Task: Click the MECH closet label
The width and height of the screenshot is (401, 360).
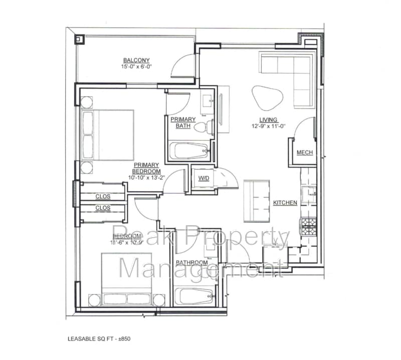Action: (305, 152)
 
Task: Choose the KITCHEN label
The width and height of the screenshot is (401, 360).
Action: (285, 203)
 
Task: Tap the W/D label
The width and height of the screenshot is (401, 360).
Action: (204, 178)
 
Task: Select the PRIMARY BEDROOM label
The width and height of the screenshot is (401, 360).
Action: (146, 168)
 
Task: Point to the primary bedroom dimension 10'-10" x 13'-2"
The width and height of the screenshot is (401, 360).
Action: (146, 177)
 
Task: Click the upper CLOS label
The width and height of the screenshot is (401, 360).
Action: (103, 196)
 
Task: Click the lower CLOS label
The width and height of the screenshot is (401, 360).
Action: (103, 208)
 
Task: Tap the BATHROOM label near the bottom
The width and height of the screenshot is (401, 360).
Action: (191, 263)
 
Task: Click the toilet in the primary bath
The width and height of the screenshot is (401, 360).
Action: (201, 127)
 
